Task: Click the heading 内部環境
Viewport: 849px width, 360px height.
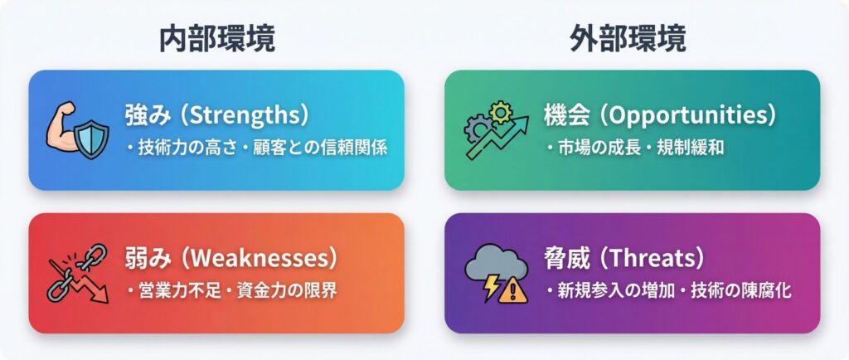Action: click(x=217, y=39)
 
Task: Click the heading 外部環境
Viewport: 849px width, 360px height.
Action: click(x=628, y=39)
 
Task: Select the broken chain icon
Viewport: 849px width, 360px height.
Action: click(x=77, y=274)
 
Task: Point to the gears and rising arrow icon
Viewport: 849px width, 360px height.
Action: click(x=496, y=130)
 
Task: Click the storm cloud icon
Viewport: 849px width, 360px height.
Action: click(x=496, y=274)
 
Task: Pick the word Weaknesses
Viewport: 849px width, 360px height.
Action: click(x=260, y=259)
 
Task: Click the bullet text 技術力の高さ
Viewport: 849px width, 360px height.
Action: click(x=187, y=148)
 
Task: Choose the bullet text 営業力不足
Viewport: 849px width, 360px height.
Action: click(x=180, y=290)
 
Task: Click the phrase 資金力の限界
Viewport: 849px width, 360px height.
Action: click(x=287, y=290)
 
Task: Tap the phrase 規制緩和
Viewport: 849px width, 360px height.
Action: click(x=691, y=148)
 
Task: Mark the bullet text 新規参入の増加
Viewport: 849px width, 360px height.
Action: click(x=616, y=290)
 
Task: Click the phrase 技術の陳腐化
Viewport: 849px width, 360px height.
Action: click(x=740, y=290)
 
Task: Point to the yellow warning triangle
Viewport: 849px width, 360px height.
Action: click(x=513, y=292)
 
